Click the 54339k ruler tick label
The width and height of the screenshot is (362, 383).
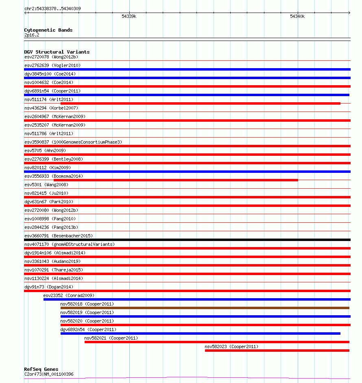129,17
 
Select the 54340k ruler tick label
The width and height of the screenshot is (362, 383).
297,17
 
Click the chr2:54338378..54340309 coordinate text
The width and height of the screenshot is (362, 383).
52,9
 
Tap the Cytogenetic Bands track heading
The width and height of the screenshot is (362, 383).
48,30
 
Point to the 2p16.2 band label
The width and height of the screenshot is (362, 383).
32,35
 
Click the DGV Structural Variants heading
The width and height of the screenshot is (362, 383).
57,52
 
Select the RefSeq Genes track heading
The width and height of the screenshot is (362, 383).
41,369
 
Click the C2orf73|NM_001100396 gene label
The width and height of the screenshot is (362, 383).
49,374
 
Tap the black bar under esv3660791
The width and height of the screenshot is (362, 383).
187,240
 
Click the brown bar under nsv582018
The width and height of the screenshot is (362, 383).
205,308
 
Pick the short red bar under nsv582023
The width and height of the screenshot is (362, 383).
277,351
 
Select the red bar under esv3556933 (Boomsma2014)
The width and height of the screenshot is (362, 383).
176,180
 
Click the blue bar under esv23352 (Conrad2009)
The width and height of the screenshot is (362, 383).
197,299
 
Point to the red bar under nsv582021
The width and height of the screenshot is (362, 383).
217,342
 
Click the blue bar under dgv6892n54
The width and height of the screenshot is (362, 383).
200,334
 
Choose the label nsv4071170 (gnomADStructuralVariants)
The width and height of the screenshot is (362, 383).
70,244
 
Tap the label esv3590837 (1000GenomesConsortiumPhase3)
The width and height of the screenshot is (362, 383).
73,142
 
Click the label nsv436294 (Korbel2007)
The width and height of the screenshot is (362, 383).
51,108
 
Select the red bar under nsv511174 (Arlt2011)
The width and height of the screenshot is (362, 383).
200,103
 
